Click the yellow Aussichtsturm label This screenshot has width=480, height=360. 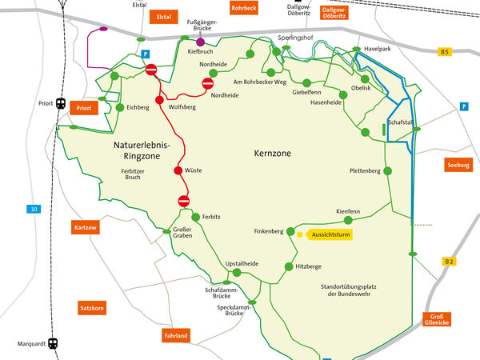[x=330, y=234]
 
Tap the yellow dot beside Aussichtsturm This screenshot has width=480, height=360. [x=299, y=234]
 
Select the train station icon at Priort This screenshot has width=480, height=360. [x=60, y=102]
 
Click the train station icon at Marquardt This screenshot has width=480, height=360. [x=53, y=343]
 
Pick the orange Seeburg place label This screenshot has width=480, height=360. [x=458, y=165]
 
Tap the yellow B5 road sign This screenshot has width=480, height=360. [x=446, y=52]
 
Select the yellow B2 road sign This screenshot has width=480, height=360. [x=449, y=262]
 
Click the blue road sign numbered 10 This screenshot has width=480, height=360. [x=33, y=210]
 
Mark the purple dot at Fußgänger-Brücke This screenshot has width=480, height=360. [x=200, y=41]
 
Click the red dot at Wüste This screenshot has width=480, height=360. [x=178, y=170]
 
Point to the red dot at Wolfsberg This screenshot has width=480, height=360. [x=159, y=101]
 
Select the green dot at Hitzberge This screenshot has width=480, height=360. [x=288, y=266]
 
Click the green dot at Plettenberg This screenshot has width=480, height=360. [x=388, y=171]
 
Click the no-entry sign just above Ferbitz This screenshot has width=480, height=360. [x=183, y=200]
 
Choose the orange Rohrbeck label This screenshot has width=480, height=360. [x=242, y=7]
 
